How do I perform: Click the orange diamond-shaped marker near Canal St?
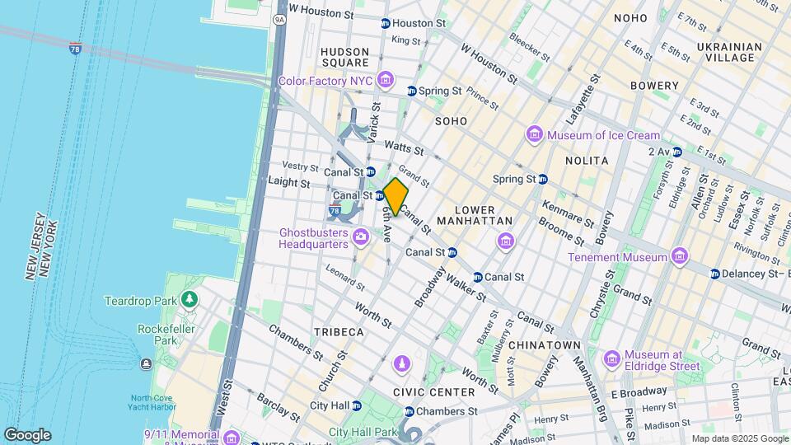pos(395,197)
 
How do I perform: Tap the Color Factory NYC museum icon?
pos(384,80)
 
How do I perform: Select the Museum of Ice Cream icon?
pos(534,135)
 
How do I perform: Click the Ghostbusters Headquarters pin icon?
pos(360,238)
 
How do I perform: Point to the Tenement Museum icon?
pos(679,257)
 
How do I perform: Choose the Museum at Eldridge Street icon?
pos(611,358)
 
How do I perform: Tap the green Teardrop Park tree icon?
pos(190,300)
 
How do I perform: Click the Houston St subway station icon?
pos(385,24)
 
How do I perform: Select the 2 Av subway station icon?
pos(676,152)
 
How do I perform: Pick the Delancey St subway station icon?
pos(715,274)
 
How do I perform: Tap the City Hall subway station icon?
pos(358,405)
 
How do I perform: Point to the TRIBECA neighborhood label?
pos(338,331)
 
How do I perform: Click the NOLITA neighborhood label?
pos(586,161)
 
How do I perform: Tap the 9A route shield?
pos(279,18)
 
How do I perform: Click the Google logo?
pos(27,434)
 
